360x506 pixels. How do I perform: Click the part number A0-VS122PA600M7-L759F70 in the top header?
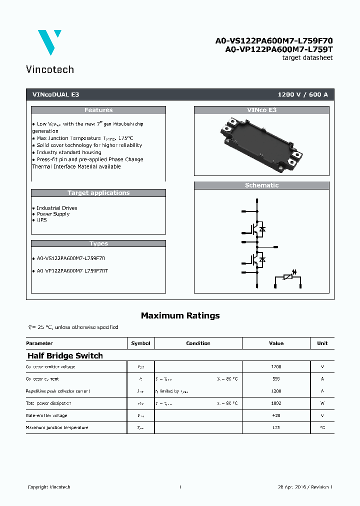pyautogui.click(x=274, y=40)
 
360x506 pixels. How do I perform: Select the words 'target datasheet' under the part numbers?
pyautogui.click(x=307, y=58)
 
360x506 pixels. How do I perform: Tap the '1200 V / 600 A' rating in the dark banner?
pyautogui.click(x=302, y=94)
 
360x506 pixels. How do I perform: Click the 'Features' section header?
pyautogui.click(x=98, y=110)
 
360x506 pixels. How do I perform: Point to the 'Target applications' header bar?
pyautogui.click(x=98, y=193)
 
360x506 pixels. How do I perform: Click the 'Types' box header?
pyautogui.click(x=98, y=243)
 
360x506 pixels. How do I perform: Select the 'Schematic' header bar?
pyautogui.click(x=261, y=185)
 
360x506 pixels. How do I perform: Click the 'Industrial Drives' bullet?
pyautogui.click(x=57, y=208)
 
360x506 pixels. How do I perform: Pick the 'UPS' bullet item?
pyautogui.click(x=41, y=220)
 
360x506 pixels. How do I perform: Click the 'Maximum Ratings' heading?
pyautogui.click(x=180, y=315)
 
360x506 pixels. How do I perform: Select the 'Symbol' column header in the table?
pyautogui.click(x=140, y=343)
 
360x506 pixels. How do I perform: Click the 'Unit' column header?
pyautogui.click(x=322, y=343)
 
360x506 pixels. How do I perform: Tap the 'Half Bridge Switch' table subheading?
pyautogui.click(x=65, y=356)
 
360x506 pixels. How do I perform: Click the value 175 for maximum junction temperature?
pyautogui.click(x=276, y=428)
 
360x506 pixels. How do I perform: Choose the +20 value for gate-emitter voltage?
pyautogui.click(x=276, y=415)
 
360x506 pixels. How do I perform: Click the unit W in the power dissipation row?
pyautogui.click(x=322, y=403)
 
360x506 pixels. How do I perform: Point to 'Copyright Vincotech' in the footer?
pyautogui.click(x=49, y=487)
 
